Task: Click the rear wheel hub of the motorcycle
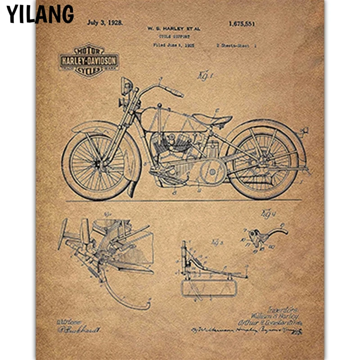click(265, 160)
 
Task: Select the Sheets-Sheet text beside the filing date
click(236, 45)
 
